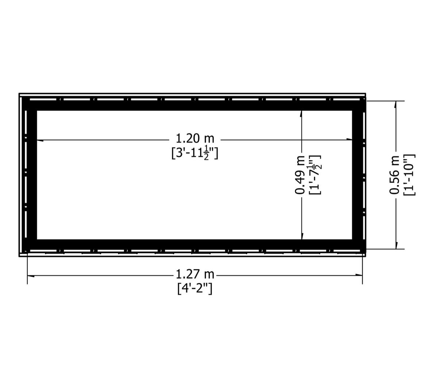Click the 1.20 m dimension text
pyautogui.click(x=195, y=138)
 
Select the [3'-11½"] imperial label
pyautogui.click(x=195, y=154)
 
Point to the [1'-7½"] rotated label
pyautogui.click(x=315, y=175)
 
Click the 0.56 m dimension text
pyautogui.click(x=394, y=175)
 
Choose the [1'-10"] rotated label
pyautogui.click(x=409, y=175)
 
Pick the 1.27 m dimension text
pyautogui.click(x=195, y=275)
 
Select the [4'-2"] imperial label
pyautogui.click(x=195, y=289)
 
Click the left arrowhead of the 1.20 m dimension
pyautogui.click(x=40, y=140)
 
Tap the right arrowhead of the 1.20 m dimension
pyautogui.click(x=349, y=139)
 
